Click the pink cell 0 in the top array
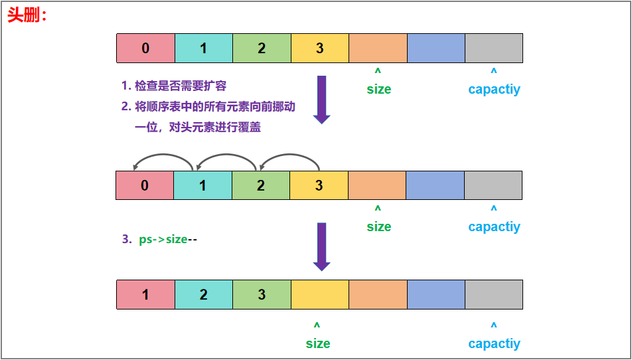coord(145,48)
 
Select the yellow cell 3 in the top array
coord(319,48)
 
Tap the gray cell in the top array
coord(493,48)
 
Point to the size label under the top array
coord(378,89)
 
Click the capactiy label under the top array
coord(494,89)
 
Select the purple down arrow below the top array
coord(322,100)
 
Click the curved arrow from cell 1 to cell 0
coord(163,157)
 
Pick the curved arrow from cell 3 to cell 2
coord(289,157)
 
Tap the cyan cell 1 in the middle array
coord(202,185)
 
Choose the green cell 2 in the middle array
coord(260,185)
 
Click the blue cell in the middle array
coord(435,185)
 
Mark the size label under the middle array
coord(378,226)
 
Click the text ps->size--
coord(168,239)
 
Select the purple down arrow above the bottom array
coord(322,246)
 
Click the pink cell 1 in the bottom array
coord(145,294)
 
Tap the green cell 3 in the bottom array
coord(262,294)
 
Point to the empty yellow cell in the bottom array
coord(319,294)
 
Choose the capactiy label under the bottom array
coord(494,343)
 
